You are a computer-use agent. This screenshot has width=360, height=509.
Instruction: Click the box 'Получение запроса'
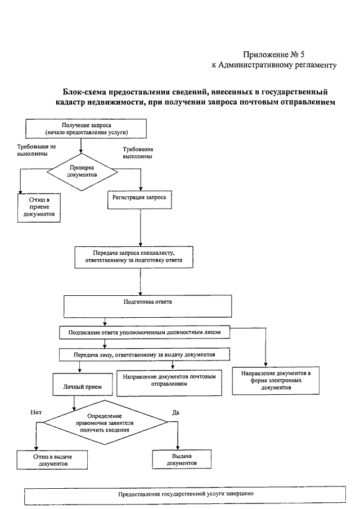(x=86, y=129)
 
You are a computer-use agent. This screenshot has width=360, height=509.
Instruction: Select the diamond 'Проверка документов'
(x=82, y=172)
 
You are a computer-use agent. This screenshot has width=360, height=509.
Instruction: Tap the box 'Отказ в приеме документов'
(x=39, y=208)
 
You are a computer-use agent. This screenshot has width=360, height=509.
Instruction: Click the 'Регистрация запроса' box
(x=139, y=200)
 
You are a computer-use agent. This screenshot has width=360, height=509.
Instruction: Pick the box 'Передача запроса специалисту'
(x=134, y=257)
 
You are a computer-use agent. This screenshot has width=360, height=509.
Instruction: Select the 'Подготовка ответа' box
(x=148, y=306)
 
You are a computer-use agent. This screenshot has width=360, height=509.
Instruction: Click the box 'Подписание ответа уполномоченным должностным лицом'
(x=145, y=332)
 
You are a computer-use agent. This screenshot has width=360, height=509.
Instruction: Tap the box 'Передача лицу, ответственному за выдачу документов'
(x=145, y=354)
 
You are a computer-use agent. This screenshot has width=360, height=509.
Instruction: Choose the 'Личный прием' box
(x=83, y=384)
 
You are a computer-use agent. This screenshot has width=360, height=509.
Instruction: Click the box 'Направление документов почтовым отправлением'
(x=169, y=382)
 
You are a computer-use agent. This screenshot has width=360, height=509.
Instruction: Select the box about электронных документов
(x=276, y=380)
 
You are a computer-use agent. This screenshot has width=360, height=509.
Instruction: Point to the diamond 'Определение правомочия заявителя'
(x=106, y=422)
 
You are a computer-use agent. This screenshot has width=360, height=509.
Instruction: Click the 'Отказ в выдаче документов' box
(x=52, y=460)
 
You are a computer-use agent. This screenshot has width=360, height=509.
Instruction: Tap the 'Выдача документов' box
(x=182, y=459)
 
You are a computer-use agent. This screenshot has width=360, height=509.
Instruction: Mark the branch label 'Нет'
(x=36, y=412)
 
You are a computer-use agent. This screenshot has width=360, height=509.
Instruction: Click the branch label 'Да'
(x=175, y=413)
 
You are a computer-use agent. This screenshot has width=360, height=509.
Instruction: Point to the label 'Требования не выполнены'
(x=37, y=150)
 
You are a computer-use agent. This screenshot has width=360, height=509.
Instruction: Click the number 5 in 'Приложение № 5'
(x=302, y=54)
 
